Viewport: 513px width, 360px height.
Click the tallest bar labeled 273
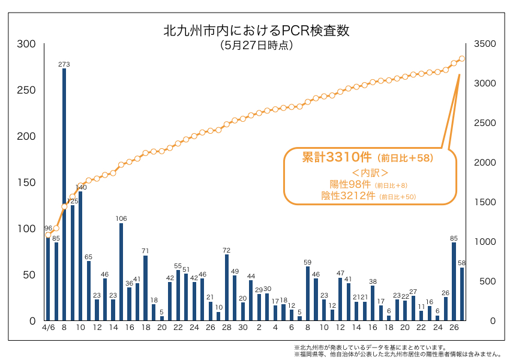click(64, 194)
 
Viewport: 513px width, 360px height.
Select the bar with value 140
click(80, 256)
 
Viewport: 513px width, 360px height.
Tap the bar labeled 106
click(121, 272)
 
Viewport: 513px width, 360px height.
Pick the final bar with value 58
click(461, 294)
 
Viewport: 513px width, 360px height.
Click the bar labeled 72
click(227, 287)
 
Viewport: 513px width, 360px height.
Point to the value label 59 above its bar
click(308, 262)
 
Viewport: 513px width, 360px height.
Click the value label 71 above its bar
click(145, 250)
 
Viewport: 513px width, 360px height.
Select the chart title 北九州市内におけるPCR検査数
click(256, 31)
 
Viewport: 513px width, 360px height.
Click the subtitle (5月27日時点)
click(256, 46)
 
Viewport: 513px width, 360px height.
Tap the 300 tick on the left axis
click(26, 44)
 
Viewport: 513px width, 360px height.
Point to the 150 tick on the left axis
click(26, 182)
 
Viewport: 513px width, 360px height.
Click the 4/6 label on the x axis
click(49, 328)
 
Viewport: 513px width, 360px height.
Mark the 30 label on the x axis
click(242, 328)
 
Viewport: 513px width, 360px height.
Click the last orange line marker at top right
click(462, 59)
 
